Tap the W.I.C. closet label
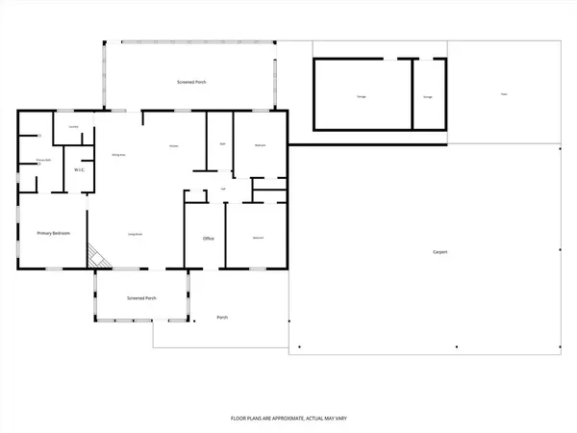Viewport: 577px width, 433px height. [x=80, y=171]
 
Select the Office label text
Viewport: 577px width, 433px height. [x=207, y=238]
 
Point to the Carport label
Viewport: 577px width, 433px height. [x=439, y=252]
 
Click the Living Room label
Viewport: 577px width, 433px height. [x=136, y=234]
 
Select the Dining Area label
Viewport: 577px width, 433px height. [x=119, y=154]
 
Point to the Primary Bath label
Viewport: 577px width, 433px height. [x=42, y=160]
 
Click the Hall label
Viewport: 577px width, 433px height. [x=223, y=189]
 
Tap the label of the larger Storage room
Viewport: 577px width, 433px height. [x=361, y=96]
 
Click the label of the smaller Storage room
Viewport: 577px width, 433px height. [x=427, y=96]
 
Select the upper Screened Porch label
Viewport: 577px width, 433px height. [x=191, y=83]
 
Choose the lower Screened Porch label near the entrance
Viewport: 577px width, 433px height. [x=141, y=298]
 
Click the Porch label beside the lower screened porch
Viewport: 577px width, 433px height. [x=222, y=317]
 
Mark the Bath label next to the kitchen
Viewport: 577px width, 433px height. [x=222, y=144]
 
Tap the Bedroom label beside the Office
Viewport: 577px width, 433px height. [x=258, y=238]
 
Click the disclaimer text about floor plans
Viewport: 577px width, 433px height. [x=288, y=419]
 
